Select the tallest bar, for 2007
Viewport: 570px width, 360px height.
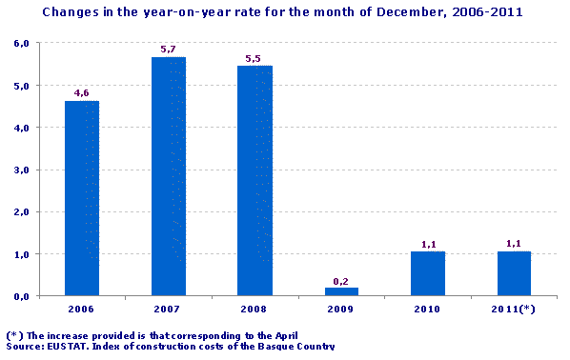point(168,176)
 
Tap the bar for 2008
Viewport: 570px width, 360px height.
point(254,180)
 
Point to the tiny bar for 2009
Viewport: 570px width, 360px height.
point(340,291)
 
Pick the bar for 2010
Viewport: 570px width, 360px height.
point(427,273)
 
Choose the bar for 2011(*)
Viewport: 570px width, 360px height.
point(514,273)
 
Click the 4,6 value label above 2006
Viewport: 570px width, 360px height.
point(82,93)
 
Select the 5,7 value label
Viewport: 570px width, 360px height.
point(168,49)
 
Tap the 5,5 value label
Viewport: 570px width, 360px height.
point(254,58)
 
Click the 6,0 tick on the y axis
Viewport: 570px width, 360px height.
point(20,44)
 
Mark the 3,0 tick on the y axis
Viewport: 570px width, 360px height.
point(20,170)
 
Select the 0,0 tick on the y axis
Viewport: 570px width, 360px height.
point(20,296)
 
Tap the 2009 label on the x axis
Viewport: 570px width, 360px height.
point(340,310)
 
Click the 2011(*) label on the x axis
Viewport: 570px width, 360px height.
point(514,310)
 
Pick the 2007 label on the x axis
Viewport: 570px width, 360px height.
point(168,310)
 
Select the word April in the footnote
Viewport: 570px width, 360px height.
point(282,335)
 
